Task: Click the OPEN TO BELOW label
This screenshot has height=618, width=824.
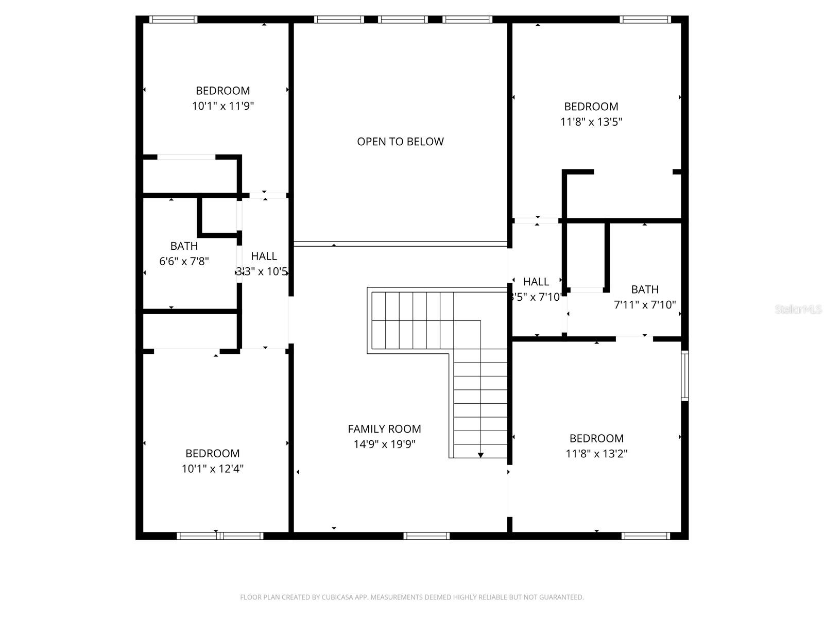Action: pyautogui.click(x=400, y=142)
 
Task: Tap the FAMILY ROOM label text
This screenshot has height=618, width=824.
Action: pyautogui.click(x=384, y=429)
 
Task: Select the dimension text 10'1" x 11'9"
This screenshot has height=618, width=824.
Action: pyautogui.click(x=223, y=106)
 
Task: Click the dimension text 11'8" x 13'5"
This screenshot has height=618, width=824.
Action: pyautogui.click(x=591, y=122)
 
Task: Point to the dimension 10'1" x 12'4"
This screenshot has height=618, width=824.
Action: pyautogui.click(x=212, y=469)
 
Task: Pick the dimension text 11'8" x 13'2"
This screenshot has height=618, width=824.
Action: pyautogui.click(x=596, y=454)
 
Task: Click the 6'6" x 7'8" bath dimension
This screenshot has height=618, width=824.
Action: pyautogui.click(x=184, y=262)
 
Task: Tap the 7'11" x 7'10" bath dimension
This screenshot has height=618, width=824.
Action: pyautogui.click(x=645, y=305)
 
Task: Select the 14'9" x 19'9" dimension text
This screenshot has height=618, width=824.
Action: pyautogui.click(x=384, y=444)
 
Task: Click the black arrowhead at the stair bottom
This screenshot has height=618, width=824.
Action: pyautogui.click(x=480, y=455)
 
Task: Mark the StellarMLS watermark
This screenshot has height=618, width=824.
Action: pyautogui.click(x=798, y=310)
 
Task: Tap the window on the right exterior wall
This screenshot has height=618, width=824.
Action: pyautogui.click(x=684, y=375)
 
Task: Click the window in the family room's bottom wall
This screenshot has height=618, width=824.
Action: pyautogui.click(x=426, y=536)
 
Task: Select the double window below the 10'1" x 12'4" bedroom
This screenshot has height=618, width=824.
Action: pyautogui.click(x=220, y=536)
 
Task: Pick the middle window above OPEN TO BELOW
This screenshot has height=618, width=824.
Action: pyautogui.click(x=403, y=20)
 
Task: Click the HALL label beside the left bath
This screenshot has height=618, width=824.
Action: pyautogui.click(x=264, y=256)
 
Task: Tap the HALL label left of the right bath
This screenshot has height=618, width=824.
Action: pyautogui.click(x=536, y=282)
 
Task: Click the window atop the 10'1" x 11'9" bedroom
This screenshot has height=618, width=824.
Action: pyautogui.click(x=173, y=20)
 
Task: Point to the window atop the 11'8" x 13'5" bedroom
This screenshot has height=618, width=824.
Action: pyautogui.click(x=645, y=20)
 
